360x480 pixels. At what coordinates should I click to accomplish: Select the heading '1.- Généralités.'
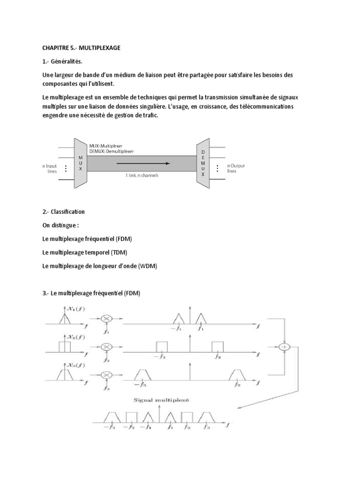64,61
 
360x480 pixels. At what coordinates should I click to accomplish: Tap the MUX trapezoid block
80,163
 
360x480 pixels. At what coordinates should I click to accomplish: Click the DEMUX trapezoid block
202,163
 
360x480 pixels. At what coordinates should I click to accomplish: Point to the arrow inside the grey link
141,164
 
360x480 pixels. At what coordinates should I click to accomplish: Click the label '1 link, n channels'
142,175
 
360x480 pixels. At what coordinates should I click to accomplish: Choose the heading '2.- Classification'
63,212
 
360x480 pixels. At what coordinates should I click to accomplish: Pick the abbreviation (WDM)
147,266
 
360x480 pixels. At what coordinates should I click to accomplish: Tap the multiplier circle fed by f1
106,318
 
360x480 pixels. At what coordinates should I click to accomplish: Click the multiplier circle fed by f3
106,375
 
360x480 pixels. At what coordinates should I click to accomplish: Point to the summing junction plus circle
284,347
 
